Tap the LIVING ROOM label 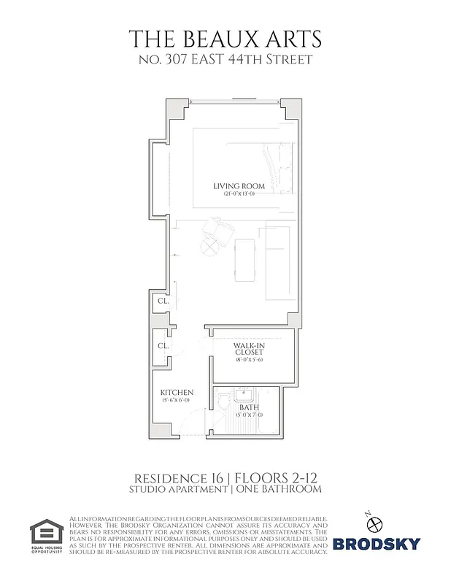(x=239, y=186)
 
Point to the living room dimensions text (x=239, y=194)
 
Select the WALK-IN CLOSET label (x=249, y=347)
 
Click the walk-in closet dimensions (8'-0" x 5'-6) (x=249, y=360)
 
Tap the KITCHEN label (x=177, y=392)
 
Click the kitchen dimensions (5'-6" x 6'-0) (x=176, y=400)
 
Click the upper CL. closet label (x=163, y=300)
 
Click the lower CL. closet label (x=163, y=345)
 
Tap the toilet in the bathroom (x=223, y=402)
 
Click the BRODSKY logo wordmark (x=376, y=543)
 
